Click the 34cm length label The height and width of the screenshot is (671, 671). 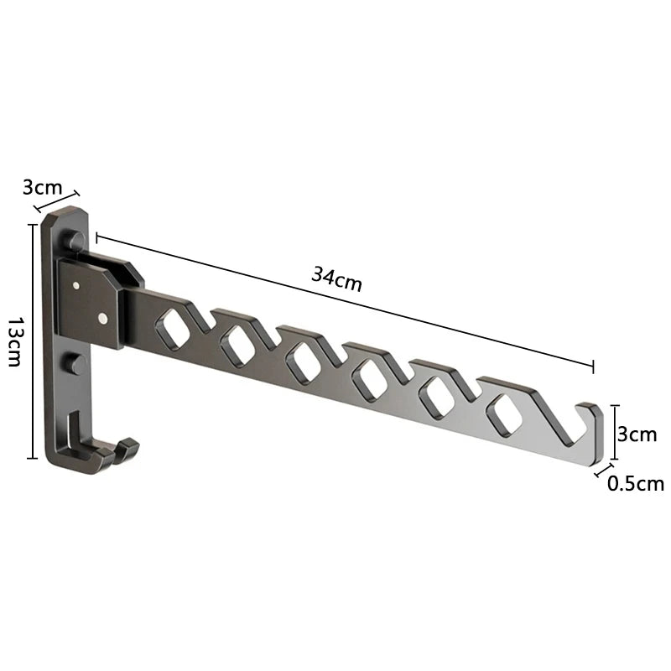point(336,278)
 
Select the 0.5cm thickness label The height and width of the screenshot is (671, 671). point(635,483)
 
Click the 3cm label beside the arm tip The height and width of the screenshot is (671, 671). point(636,434)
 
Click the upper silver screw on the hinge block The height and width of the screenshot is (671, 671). point(77,286)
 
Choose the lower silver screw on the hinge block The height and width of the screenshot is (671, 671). point(101,319)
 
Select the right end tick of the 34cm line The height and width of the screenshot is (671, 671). point(593,366)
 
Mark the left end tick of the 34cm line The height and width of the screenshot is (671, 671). point(97,237)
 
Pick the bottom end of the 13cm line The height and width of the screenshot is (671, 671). point(33,458)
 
